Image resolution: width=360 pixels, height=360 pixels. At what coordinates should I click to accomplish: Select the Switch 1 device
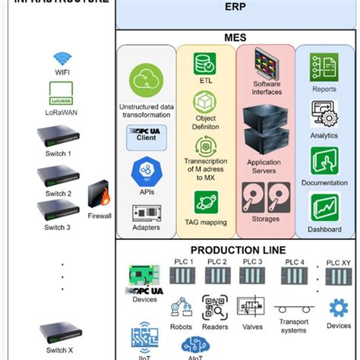58,137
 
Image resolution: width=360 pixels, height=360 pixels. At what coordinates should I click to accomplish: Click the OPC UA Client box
146,137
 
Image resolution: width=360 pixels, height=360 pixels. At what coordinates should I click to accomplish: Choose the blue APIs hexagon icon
146,171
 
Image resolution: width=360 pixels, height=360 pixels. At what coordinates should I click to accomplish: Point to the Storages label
266,220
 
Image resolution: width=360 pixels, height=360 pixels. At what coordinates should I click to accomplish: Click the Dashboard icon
324,207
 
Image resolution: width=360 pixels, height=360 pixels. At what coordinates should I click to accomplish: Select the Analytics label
324,136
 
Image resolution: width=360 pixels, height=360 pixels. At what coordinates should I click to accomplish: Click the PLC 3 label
251,262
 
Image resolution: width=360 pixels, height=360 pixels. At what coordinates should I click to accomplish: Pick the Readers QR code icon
215,308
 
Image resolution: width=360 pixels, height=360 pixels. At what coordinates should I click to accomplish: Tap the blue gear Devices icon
339,308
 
